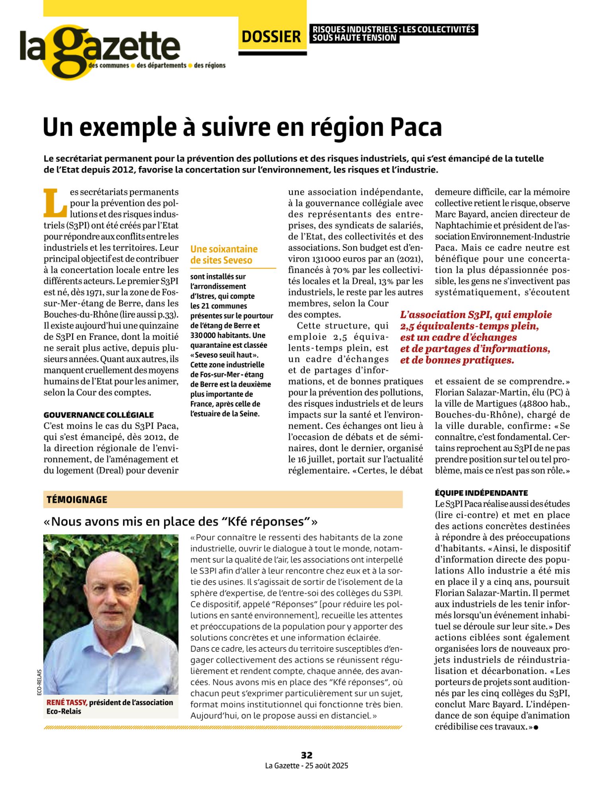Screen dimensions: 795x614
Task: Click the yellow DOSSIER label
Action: click(271, 37)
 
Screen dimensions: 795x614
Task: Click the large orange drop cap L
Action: click(55, 203)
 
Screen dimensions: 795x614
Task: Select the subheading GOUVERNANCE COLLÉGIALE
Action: click(99, 415)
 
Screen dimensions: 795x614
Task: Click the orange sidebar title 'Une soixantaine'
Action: click(224, 249)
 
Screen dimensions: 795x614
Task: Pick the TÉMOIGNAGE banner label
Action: click(77, 499)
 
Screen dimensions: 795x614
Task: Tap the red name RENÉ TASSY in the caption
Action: click(67, 702)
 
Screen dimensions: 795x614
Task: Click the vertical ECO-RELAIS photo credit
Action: click(39, 683)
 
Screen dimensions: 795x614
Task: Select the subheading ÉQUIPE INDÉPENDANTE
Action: click(481, 493)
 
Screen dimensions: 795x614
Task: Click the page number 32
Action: click(307, 755)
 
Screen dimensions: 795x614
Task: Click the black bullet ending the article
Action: click(536, 727)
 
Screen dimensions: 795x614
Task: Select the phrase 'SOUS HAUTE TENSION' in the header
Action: click(354, 38)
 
